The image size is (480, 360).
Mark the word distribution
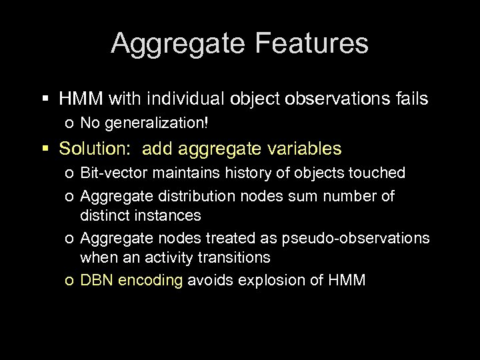(x=183, y=196)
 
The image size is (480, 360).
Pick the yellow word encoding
(x=149, y=280)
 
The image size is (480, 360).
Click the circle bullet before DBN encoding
(x=70, y=281)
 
